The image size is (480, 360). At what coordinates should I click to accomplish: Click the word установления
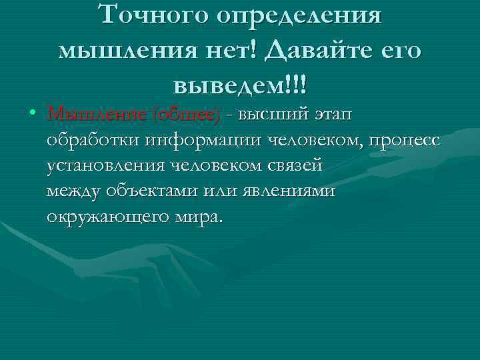click(106, 166)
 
